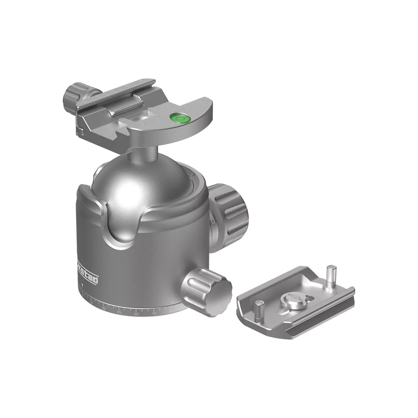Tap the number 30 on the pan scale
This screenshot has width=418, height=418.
[x=104, y=308]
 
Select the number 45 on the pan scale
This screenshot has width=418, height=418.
[x=119, y=312]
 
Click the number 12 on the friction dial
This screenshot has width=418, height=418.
[x=212, y=222]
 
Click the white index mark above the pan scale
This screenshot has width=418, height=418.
[x=81, y=287]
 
